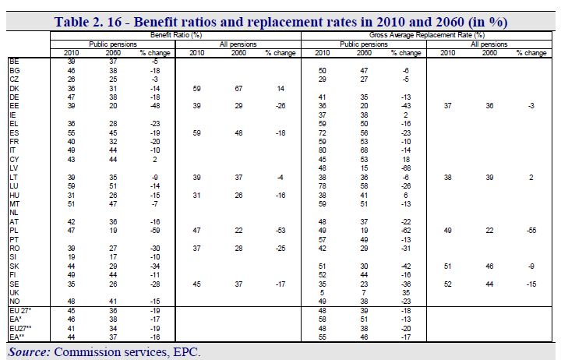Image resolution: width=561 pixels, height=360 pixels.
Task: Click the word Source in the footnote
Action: [x=29, y=351]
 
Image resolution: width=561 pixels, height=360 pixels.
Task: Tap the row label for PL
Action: [x=13, y=231]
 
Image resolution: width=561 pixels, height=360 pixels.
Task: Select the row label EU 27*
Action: [x=20, y=311]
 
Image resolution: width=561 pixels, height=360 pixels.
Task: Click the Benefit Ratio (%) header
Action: [x=176, y=35]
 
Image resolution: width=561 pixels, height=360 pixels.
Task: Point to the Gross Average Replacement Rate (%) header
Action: [x=427, y=35]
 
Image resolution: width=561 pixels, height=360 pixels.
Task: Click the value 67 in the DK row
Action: [x=238, y=88]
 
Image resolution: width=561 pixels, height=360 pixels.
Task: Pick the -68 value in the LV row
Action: [x=406, y=168]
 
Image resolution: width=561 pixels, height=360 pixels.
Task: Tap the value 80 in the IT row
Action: [x=323, y=150]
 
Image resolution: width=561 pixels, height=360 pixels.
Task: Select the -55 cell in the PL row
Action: [x=531, y=231]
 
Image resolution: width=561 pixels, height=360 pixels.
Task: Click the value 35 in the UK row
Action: [x=406, y=293]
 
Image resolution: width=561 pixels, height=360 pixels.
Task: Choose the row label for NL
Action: [x=13, y=213]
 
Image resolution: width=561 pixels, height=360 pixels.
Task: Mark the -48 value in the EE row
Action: [x=154, y=106]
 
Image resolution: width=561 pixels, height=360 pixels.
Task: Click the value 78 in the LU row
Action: [x=323, y=186]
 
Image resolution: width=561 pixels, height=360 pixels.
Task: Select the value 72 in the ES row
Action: [x=323, y=132]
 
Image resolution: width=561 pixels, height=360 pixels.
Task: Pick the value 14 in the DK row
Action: [x=280, y=88]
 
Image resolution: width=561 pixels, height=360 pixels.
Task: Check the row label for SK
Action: [x=14, y=266]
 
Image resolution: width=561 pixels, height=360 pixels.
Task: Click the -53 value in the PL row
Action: [x=280, y=231]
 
